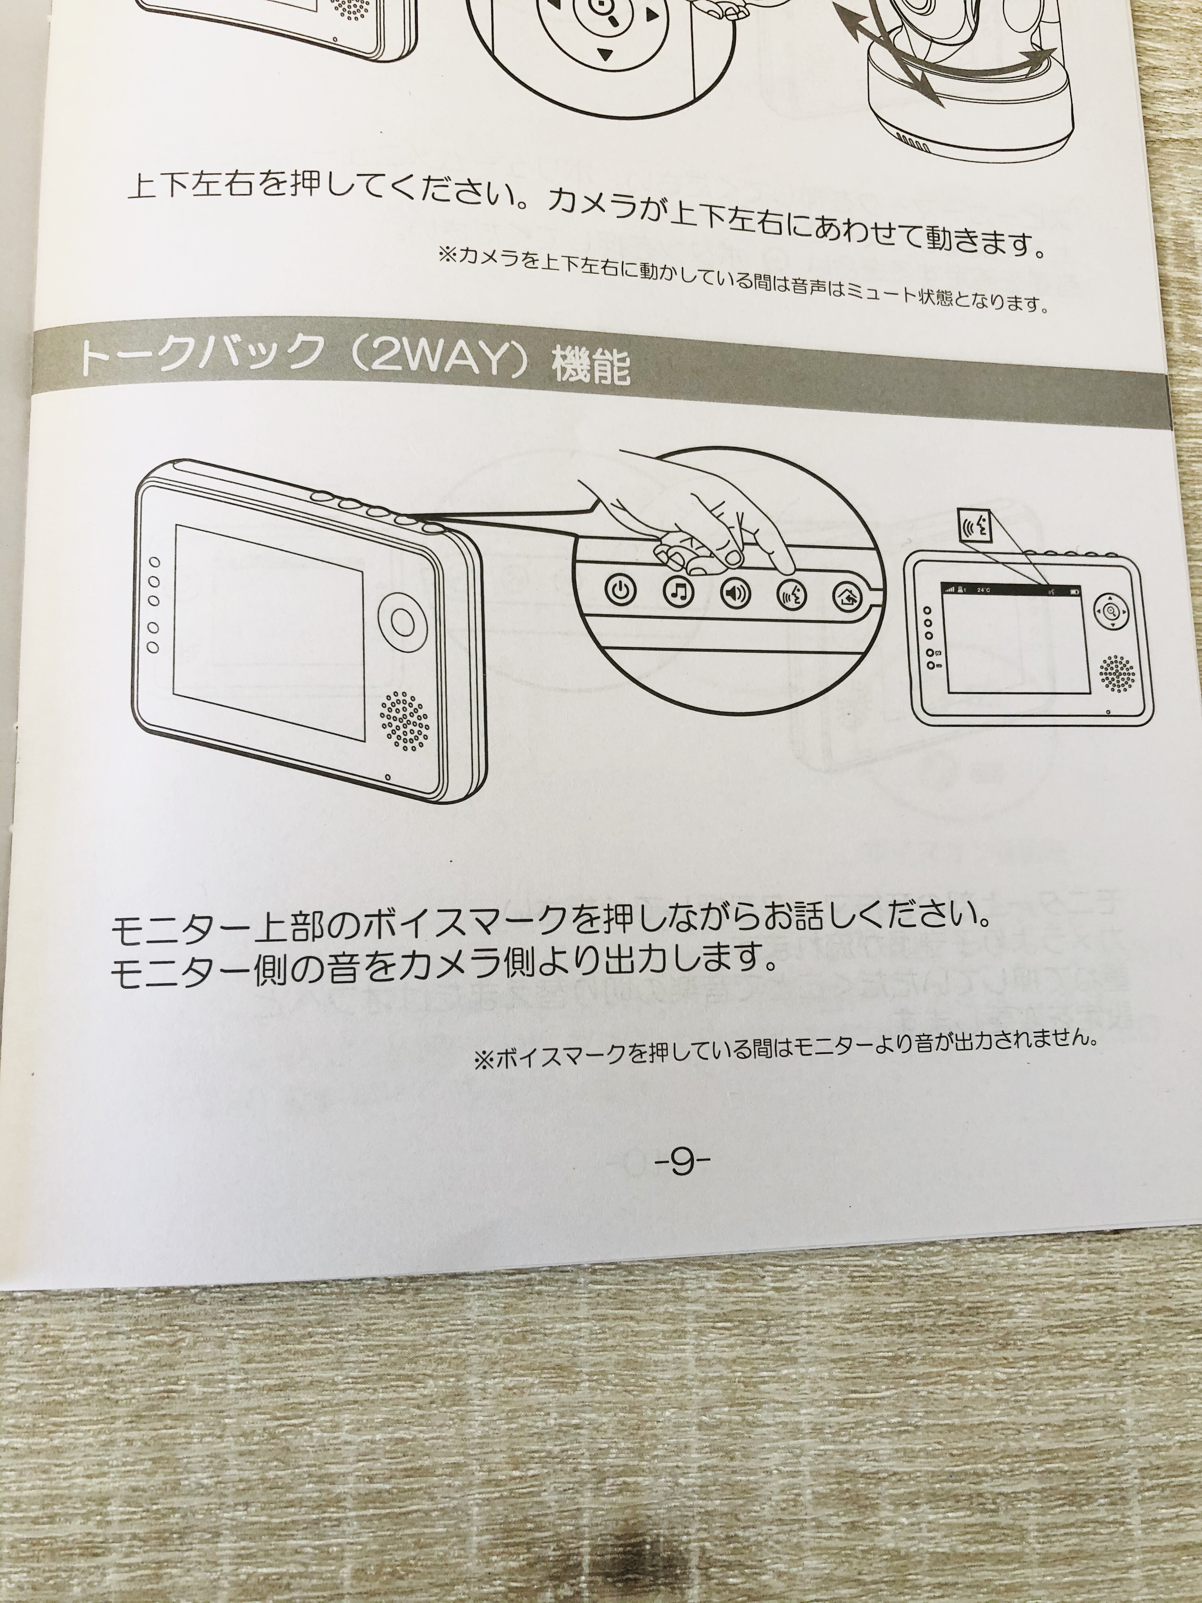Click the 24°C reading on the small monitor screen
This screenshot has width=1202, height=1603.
984,589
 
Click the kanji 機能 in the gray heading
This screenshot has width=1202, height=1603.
591,366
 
